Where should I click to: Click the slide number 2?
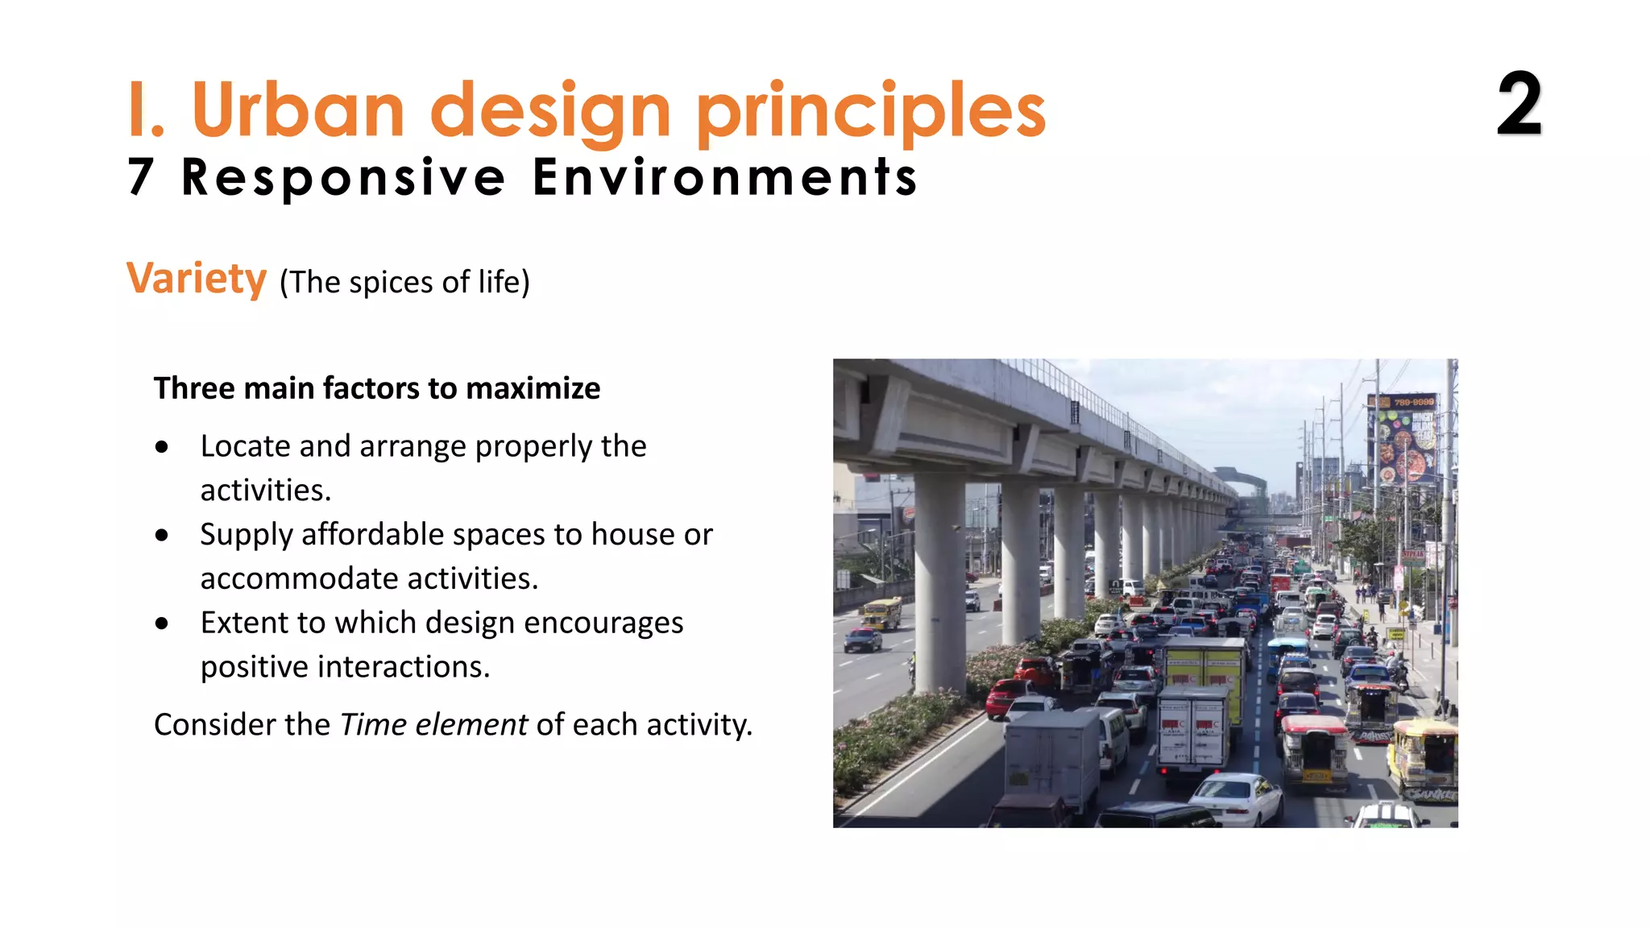1519,105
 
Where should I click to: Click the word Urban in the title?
298,110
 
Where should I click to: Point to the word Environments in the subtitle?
725,177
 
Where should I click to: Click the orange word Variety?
197,279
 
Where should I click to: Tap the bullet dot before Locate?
162,447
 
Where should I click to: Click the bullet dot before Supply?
162,536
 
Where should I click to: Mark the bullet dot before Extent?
162,623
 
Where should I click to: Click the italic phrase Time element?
433,725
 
